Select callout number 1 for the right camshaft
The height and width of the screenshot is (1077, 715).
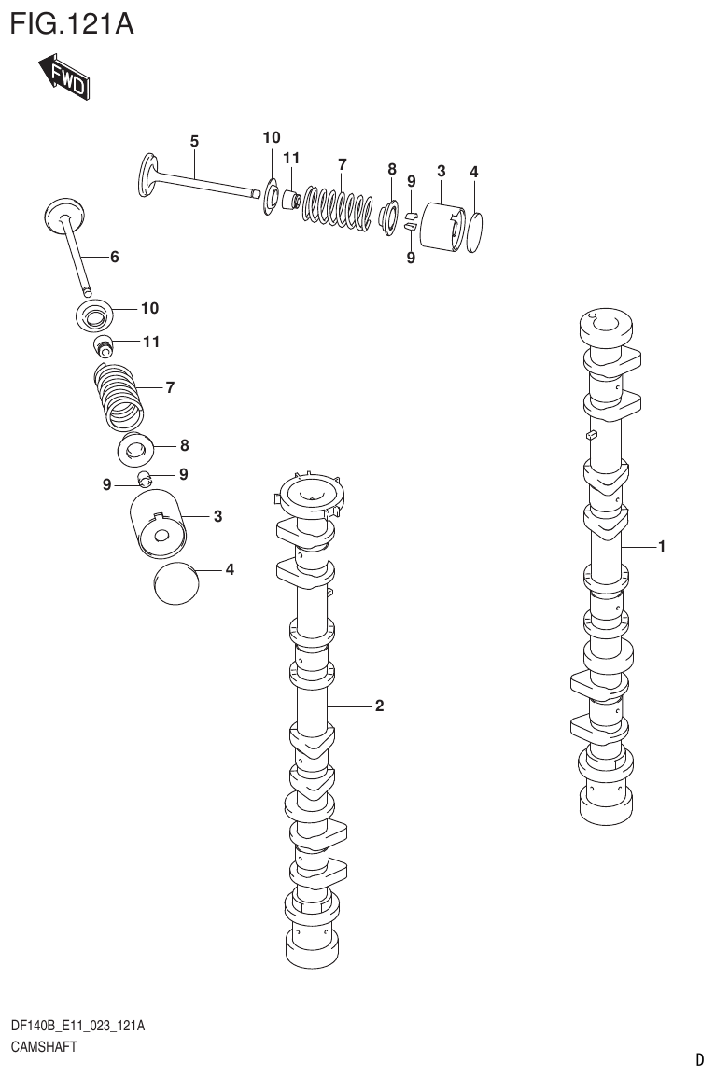pyautogui.click(x=661, y=547)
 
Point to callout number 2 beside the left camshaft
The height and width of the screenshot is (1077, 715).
pyautogui.click(x=379, y=706)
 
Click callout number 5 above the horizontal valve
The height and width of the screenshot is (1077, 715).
pyautogui.click(x=194, y=142)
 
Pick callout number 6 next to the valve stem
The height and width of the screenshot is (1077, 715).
pyautogui.click(x=115, y=257)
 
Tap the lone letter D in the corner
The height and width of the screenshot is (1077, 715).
pyautogui.click(x=699, y=1059)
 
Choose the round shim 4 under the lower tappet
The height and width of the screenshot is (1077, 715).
pyautogui.click(x=176, y=585)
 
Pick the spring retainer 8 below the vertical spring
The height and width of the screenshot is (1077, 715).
pyautogui.click(x=138, y=451)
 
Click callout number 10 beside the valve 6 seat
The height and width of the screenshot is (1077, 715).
pyautogui.click(x=149, y=308)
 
